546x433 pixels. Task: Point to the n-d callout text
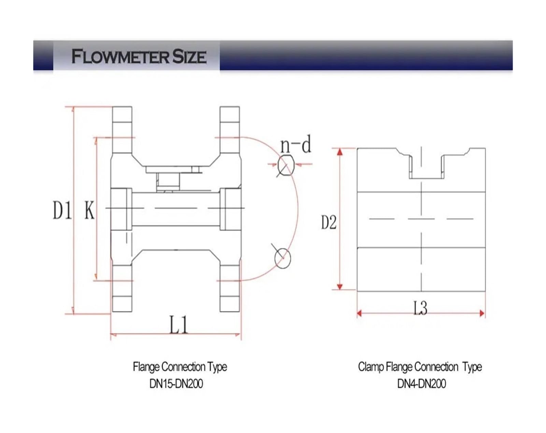(296, 144)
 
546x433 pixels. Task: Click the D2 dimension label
(329, 222)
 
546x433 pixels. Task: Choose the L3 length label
(420, 308)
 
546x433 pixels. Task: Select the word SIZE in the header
(189, 56)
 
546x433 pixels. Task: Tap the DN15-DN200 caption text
(176, 384)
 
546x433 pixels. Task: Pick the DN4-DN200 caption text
(421, 384)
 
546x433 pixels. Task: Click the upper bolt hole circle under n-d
(286, 166)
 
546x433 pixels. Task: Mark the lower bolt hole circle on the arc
(283, 258)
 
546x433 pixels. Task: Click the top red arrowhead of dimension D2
(340, 152)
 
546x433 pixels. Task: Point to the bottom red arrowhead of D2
(340, 287)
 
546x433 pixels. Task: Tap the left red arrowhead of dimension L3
(359, 313)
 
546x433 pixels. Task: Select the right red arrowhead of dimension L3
(482, 313)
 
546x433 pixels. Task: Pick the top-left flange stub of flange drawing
(122, 130)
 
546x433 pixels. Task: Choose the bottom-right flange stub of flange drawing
(230, 289)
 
